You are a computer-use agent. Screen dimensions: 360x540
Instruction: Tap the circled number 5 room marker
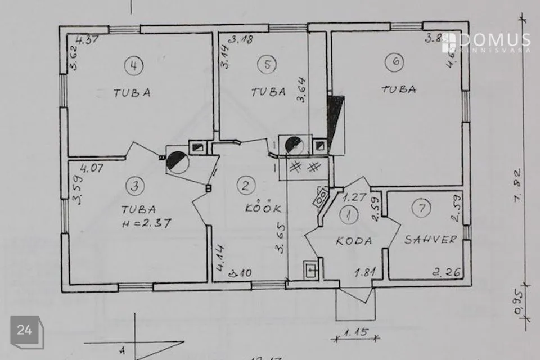tap(267, 64)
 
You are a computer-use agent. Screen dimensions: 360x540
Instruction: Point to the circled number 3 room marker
tap(133, 184)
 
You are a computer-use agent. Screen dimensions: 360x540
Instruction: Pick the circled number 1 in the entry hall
tap(350, 214)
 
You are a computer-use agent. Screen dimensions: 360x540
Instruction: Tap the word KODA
tap(354, 241)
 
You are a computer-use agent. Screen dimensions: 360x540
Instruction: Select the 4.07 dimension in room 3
tap(92, 168)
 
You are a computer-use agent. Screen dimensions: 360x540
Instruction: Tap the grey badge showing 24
tap(25, 330)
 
